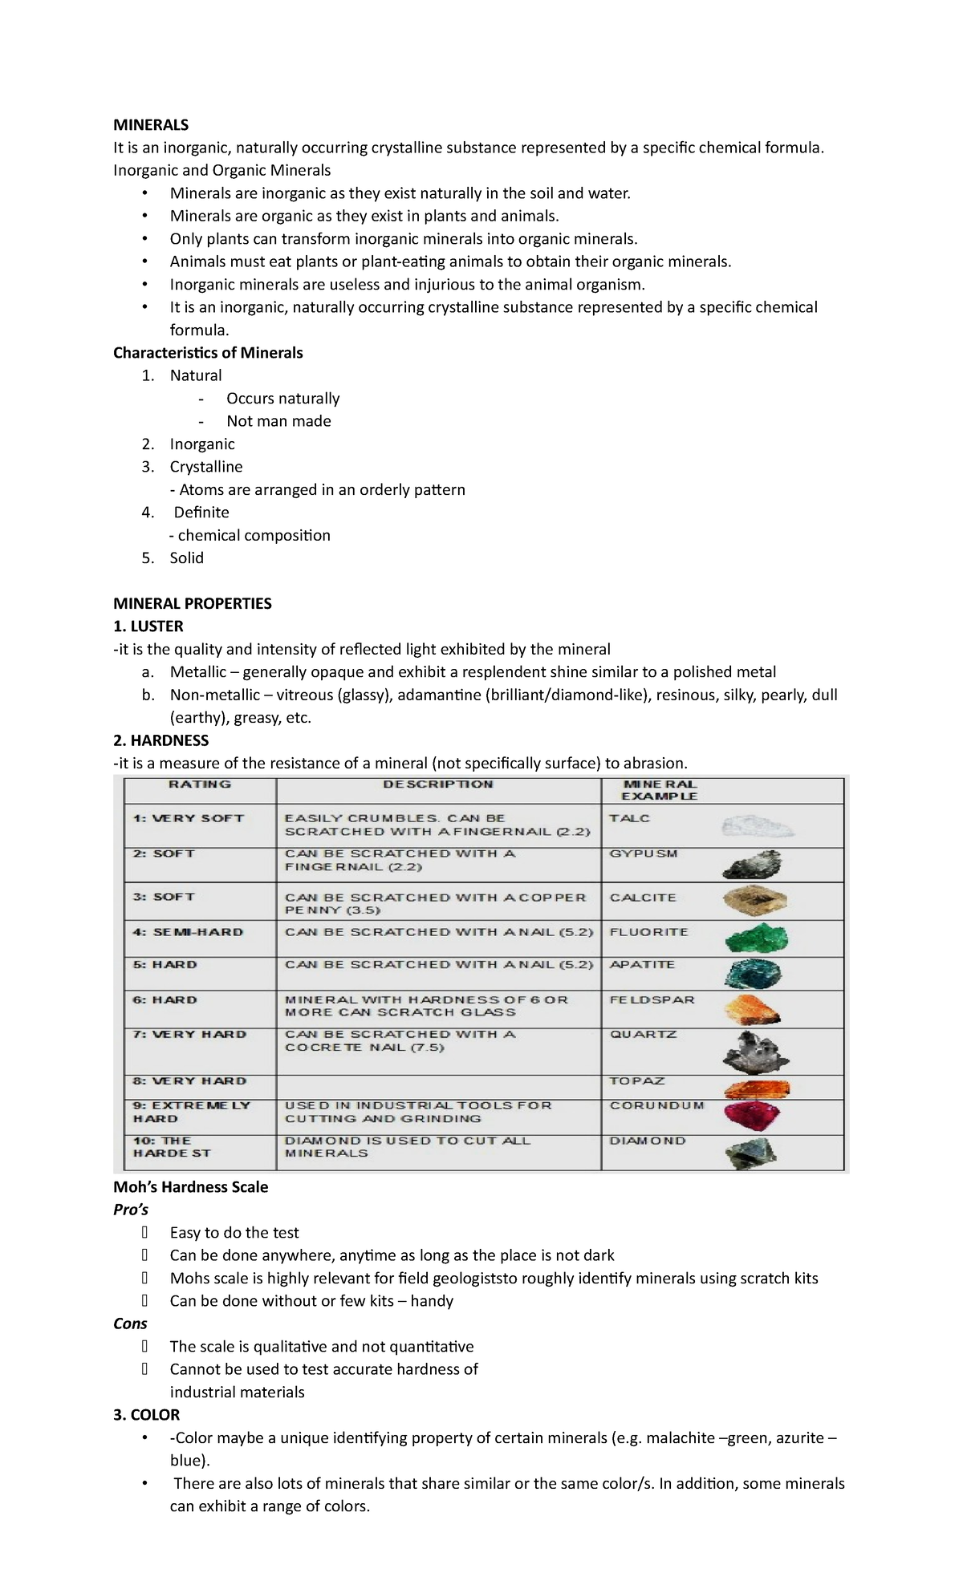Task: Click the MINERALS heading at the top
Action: point(151,124)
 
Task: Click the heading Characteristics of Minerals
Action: point(208,353)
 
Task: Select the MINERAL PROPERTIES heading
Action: point(192,603)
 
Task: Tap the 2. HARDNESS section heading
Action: point(160,740)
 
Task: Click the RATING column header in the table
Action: point(199,784)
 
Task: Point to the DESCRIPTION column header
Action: point(437,784)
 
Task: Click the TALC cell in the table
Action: point(630,818)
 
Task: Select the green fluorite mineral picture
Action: point(756,938)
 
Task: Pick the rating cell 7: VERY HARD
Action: point(189,1035)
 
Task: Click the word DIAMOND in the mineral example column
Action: point(648,1141)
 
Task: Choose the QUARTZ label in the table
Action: point(644,1035)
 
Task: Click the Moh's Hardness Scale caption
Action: point(190,1186)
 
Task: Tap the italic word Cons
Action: point(130,1324)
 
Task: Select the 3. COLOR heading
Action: point(146,1415)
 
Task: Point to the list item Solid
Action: point(186,557)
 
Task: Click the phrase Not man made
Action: point(278,421)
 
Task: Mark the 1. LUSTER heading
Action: point(148,626)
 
